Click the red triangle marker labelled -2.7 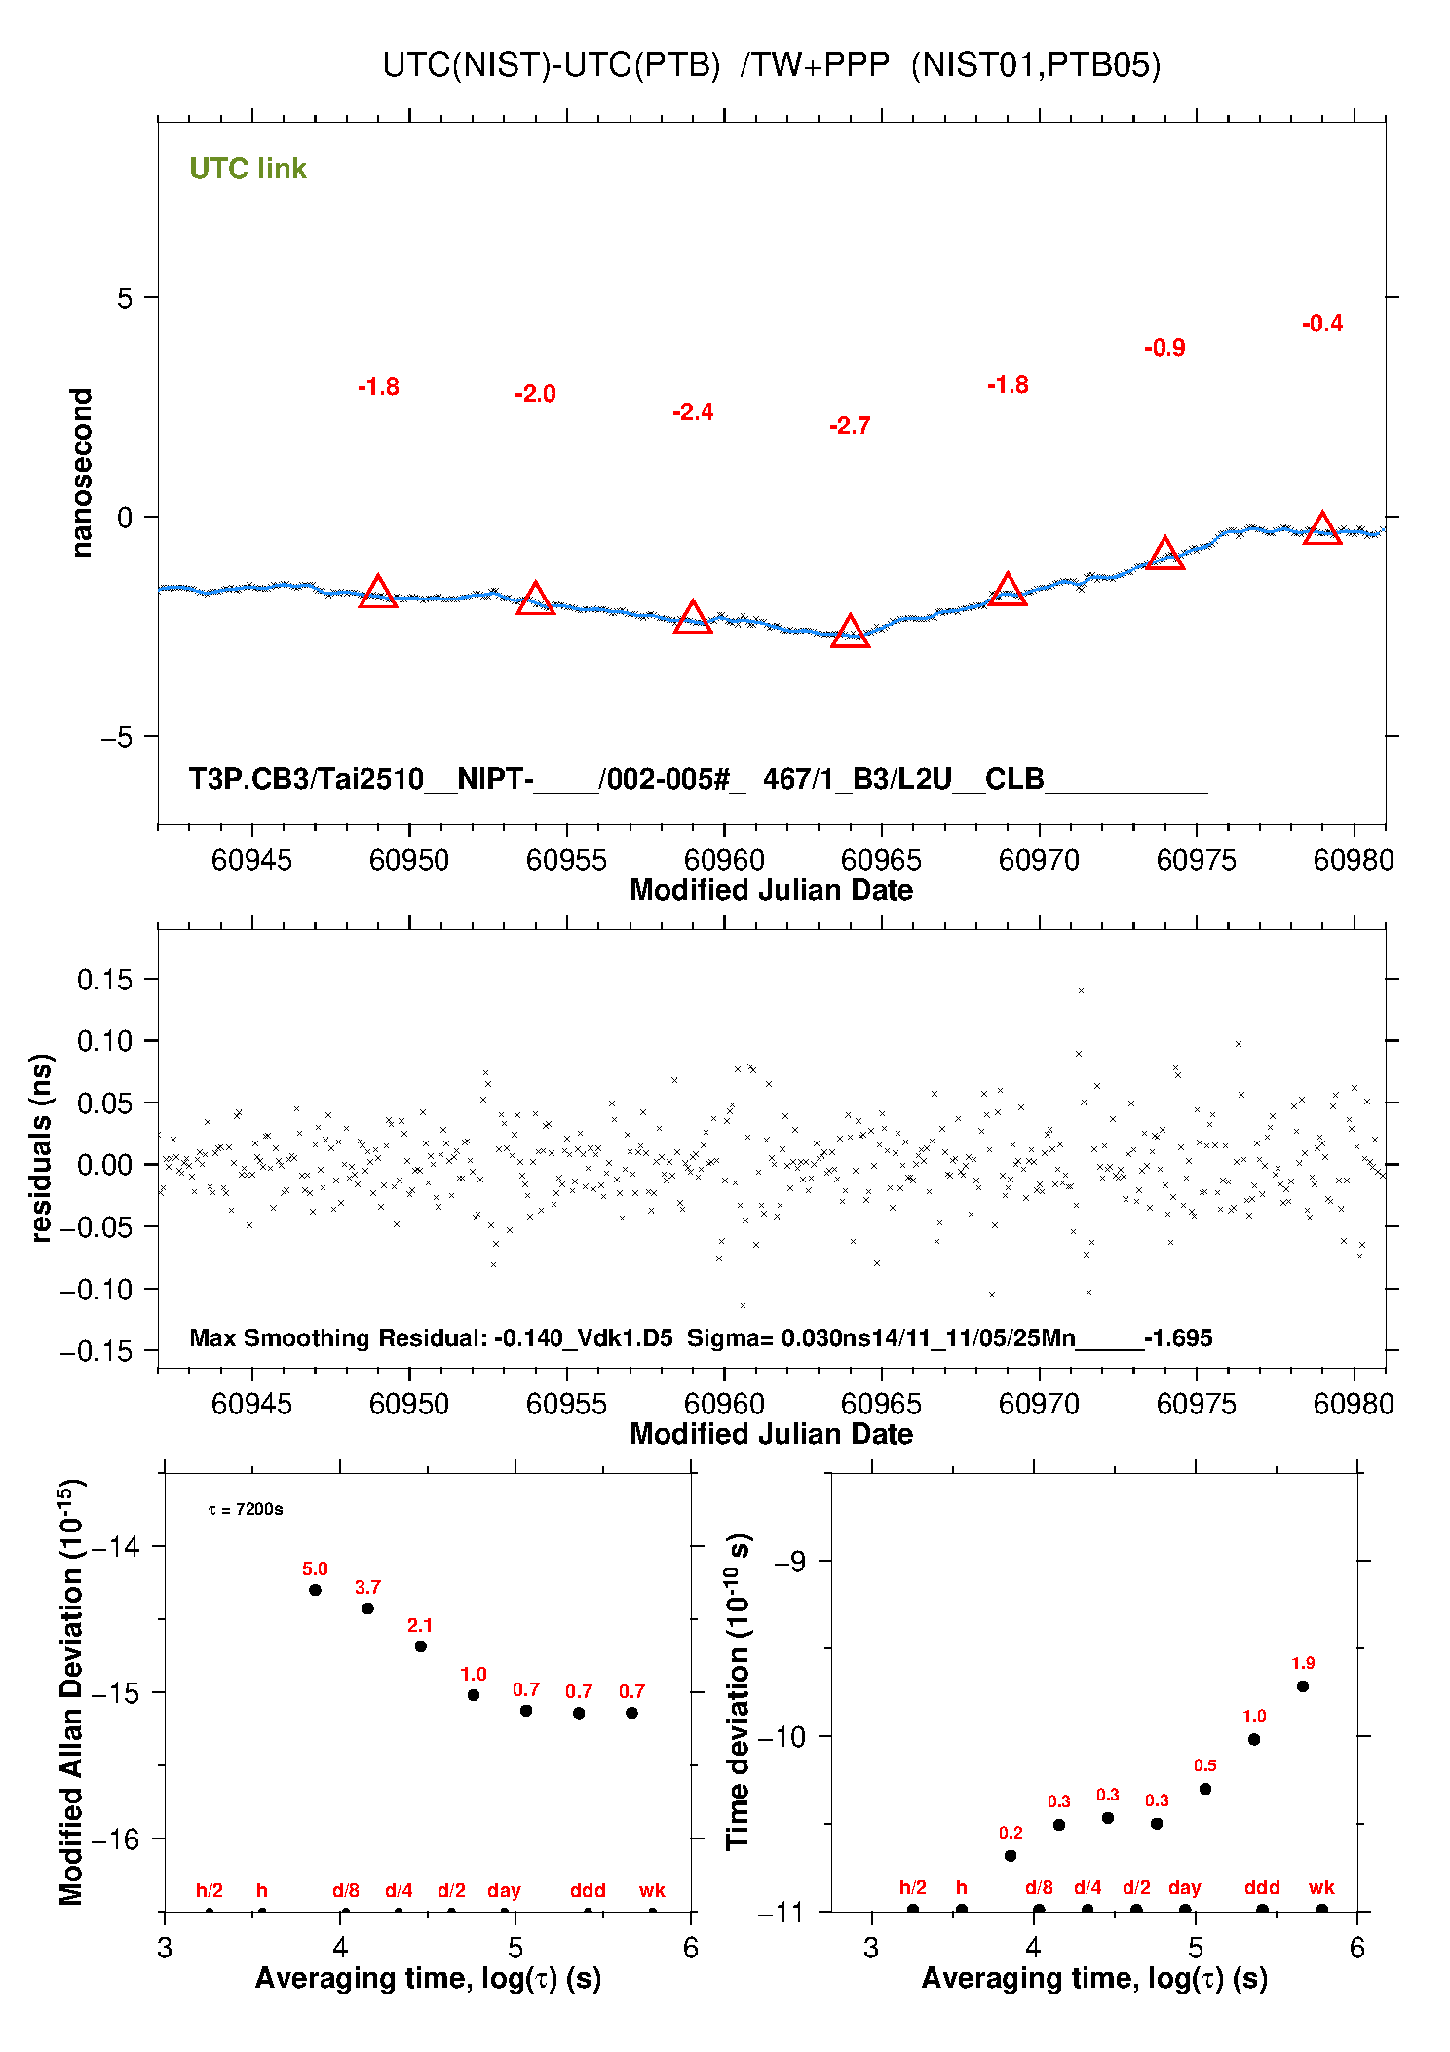850,632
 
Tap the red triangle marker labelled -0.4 1322,528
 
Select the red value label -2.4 693,412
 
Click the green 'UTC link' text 248,169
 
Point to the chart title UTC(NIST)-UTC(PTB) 552,65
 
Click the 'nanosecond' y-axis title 82,473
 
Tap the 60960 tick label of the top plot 724,860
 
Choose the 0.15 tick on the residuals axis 104,979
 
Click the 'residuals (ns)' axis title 41,1148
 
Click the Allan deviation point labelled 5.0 315,1590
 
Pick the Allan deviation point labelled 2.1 421,1646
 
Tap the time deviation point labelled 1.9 1303,1686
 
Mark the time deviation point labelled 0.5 1205,1789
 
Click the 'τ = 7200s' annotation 246,1510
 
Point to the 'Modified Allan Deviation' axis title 73,1691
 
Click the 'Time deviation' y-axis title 739,1691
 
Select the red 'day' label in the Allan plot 504,1890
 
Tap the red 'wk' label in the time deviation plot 1321,1887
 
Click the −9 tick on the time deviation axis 790,1562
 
